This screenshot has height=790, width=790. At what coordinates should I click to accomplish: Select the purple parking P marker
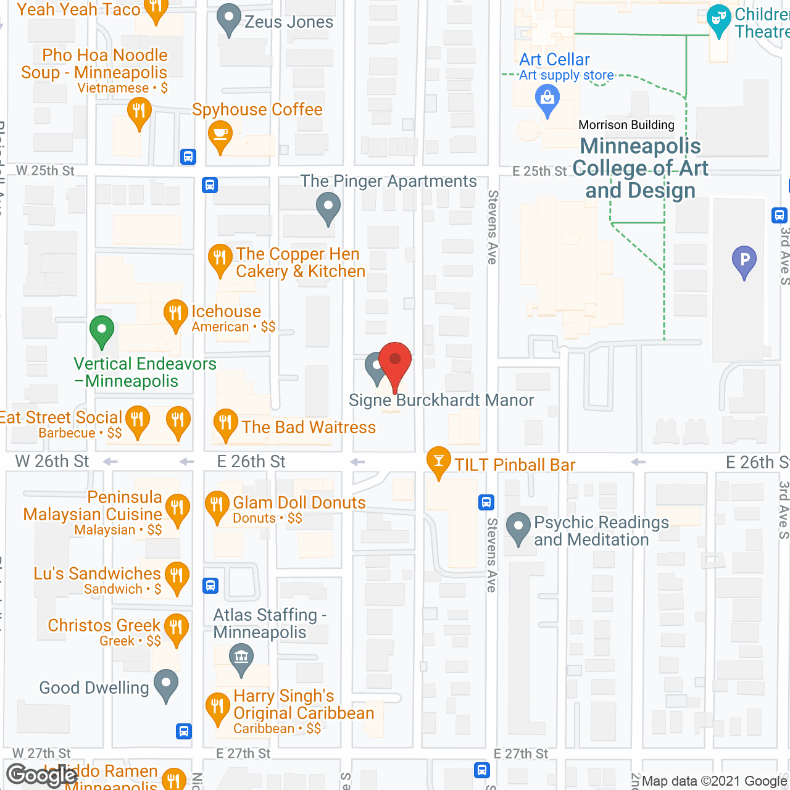pyautogui.click(x=744, y=260)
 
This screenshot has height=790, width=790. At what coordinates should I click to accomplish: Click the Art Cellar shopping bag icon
pyautogui.click(x=547, y=99)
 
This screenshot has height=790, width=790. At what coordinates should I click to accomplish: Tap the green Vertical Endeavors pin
pyautogui.click(x=102, y=330)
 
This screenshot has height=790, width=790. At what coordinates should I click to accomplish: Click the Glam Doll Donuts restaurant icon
pyautogui.click(x=217, y=505)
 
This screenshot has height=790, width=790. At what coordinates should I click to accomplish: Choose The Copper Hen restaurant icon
pyautogui.click(x=220, y=258)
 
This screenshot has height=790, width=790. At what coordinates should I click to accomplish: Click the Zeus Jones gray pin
pyautogui.click(x=229, y=19)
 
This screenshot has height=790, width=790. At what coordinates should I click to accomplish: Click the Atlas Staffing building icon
pyautogui.click(x=241, y=657)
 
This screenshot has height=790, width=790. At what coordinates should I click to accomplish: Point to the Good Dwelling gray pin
pyautogui.click(x=165, y=684)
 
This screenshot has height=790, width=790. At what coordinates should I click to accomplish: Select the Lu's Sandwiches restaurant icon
pyautogui.click(x=177, y=577)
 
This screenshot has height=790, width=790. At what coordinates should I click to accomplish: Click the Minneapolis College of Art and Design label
pyautogui.click(x=641, y=168)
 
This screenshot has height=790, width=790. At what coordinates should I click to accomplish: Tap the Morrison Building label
pyautogui.click(x=626, y=125)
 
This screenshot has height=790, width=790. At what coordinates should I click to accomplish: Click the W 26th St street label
pyautogui.click(x=52, y=461)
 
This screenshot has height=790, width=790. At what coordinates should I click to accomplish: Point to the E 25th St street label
pyautogui.click(x=539, y=171)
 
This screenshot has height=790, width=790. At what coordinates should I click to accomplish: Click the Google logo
pyautogui.click(x=41, y=775)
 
